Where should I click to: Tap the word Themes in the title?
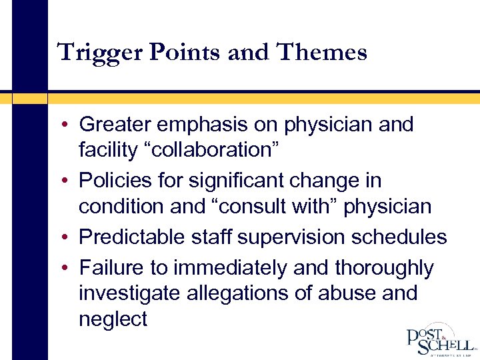click(x=329, y=52)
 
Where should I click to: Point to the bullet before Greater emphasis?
click(x=69, y=125)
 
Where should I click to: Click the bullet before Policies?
click(x=69, y=181)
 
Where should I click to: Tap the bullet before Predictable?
click(x=69, y=238)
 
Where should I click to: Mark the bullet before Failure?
click(x=69, y=268)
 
